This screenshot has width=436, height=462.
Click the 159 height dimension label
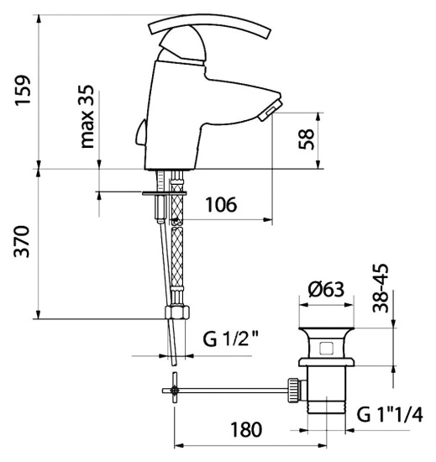point(24,90)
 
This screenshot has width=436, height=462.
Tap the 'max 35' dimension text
point(87,117)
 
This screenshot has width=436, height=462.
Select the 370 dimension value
point(23,242)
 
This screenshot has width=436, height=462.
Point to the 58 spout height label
point(306,139)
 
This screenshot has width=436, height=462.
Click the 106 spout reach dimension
point(221,204)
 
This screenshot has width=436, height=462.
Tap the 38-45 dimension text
point(381,288)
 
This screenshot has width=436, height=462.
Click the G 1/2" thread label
point(231,339)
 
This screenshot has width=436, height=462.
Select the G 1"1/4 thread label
point(390,415)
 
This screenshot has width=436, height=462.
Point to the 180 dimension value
point(246,429)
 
